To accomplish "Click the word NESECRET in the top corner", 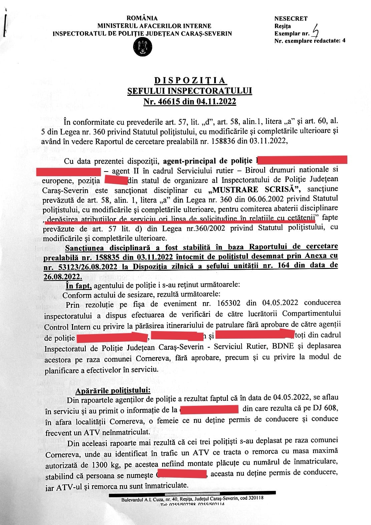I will click(291, 19).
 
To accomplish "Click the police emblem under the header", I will click(142, 47).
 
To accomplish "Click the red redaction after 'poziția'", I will click(116, 181).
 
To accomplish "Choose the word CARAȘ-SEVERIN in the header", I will click(208, 33).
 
